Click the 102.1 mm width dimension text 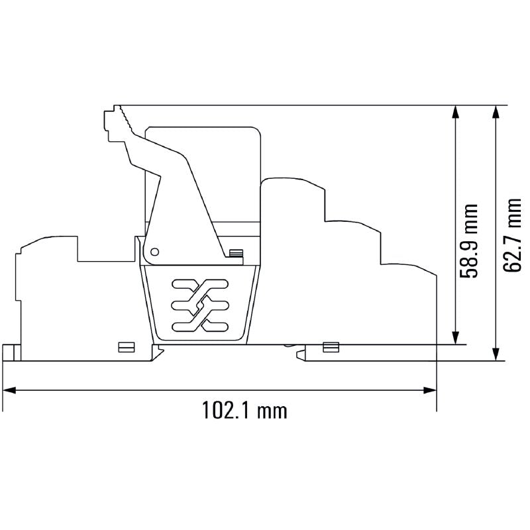244,410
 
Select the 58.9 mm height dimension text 469,240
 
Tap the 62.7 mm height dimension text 512,235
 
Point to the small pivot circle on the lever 154,252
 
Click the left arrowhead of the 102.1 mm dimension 9,390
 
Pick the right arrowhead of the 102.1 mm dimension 430,390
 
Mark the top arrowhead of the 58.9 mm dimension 456,112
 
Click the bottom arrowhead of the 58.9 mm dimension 456,338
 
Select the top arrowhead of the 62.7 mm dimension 496,112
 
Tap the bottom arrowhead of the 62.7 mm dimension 496,354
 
